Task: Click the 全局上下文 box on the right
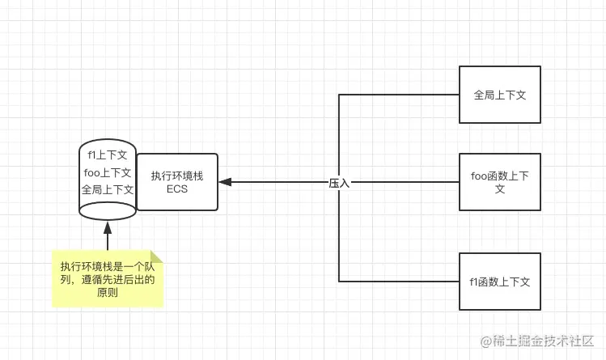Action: [500, 95]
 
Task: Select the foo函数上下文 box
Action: [500, 182]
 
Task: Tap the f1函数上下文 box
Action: [500, 282]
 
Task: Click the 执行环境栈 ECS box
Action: [177, 182]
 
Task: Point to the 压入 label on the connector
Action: [339, 184]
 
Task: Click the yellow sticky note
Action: [108, 279]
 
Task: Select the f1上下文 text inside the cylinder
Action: [108, 155]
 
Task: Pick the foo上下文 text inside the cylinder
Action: [108, 172]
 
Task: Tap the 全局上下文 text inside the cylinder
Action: [108, 190]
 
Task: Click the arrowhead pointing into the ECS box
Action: [226, 182]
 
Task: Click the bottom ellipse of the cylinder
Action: [108, 211]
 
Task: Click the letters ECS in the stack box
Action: [177, 190]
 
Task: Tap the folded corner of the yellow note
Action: [156, 256]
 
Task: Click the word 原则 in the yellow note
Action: [108, 293]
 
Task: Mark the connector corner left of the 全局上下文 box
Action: [339, 95]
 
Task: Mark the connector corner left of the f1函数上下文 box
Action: [339, 282]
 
